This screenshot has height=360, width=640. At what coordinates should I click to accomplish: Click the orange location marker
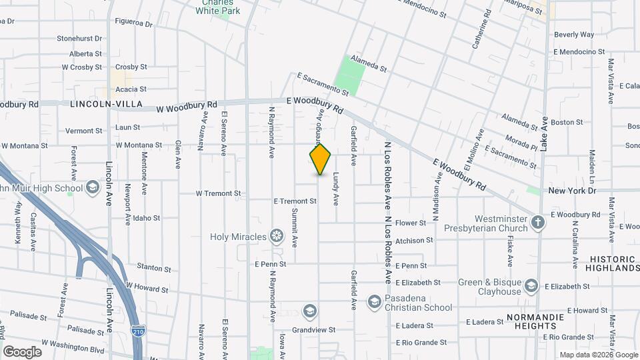[x=320, y=159]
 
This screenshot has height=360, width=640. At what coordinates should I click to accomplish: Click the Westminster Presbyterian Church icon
[x=538, y=223]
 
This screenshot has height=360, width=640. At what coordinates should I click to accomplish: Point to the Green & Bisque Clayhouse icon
[x=531, y=286]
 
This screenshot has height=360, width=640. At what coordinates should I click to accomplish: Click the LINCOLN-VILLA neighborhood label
[x=99, y=105]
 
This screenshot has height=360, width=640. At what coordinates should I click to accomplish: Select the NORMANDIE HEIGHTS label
[x=541, y=321]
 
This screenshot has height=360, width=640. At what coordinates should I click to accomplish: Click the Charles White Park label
[x=221, y=7]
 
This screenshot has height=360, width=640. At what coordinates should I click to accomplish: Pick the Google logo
[x=22, y=351]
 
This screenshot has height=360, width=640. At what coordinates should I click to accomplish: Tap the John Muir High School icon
[x=93, y=188]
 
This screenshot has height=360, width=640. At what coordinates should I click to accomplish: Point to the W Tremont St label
[x=218, y=193]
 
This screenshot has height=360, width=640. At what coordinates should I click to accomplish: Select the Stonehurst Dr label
[x=79, y=39]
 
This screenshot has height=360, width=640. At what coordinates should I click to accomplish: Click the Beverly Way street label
[x=574, y=35]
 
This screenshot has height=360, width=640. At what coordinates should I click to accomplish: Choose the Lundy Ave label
[x=336, y=189]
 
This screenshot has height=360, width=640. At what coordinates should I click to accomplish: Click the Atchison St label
[x=414, y=240]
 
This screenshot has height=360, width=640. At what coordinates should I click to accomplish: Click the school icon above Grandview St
[x=309, y=311]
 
